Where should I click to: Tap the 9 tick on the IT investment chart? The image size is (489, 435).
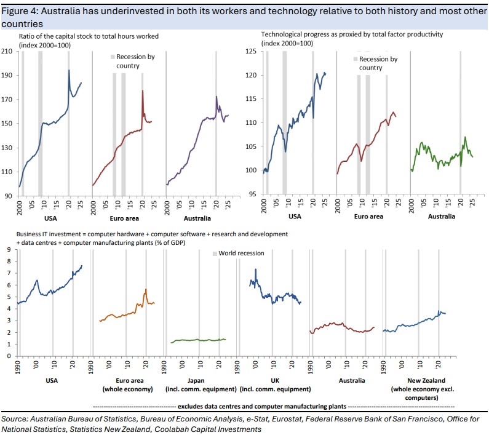point(9,249)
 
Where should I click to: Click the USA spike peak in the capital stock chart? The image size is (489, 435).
point(69,70)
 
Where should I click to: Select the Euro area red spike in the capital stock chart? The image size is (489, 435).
point(143,91)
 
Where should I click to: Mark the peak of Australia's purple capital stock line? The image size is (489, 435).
point(217,97)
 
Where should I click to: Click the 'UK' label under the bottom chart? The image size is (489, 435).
point(272,380)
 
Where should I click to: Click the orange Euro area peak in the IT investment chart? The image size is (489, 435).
point(146,289)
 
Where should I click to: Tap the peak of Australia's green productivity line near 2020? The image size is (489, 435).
point(465,137)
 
